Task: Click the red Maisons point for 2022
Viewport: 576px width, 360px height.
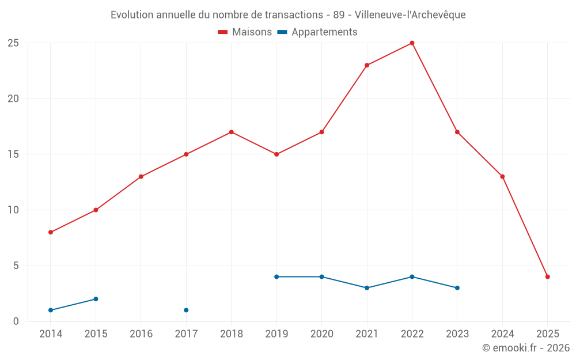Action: click(x=412, y=43)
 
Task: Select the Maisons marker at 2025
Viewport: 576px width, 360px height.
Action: click(x=547, y=276)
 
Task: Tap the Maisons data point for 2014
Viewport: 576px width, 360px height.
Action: click(x=51, y=232)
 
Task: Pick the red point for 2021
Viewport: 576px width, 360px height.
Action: click(x=367, y=65)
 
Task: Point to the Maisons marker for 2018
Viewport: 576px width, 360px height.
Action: click(x=231, y=132)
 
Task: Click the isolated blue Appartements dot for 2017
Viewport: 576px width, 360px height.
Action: click(x=186, y=310)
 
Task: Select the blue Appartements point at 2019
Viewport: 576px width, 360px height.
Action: click(x=276, y=276)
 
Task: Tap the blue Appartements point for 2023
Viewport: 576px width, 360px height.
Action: click(x=457, y=287)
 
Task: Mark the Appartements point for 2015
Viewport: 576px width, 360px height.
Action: click(x=96, y=299)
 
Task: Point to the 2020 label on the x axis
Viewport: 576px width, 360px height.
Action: click(x=321, y=334)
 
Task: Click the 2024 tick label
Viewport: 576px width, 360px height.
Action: click(x=502, y=334)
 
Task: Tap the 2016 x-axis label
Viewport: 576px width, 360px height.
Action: click(x=141, y=334)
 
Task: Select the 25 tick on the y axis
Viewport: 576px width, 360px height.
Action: click(x=13, y=43)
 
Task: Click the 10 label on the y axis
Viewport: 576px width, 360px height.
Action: click(x=13, y=210)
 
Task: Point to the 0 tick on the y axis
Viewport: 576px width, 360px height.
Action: click(x=16, y=321)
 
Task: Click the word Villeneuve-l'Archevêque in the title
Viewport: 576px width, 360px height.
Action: click(x=410, y=15)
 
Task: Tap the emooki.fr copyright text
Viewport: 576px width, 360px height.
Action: click(x=525, y=348)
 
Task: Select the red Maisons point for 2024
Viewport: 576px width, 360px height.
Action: click(x=502, y=176)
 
